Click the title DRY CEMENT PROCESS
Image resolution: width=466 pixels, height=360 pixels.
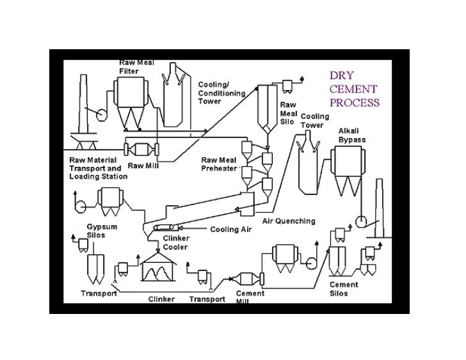tap(354, 88)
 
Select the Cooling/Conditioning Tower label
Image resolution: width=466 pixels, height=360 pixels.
tap(221, 93)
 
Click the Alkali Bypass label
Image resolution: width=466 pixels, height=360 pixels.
tap(353, 136)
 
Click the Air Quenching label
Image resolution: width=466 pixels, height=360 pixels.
tap(289, 221)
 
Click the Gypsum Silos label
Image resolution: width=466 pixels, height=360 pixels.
tap(102, 231)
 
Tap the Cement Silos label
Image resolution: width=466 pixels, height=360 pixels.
tap(344, 289)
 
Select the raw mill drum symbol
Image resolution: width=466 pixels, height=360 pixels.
tap(143, 150)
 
